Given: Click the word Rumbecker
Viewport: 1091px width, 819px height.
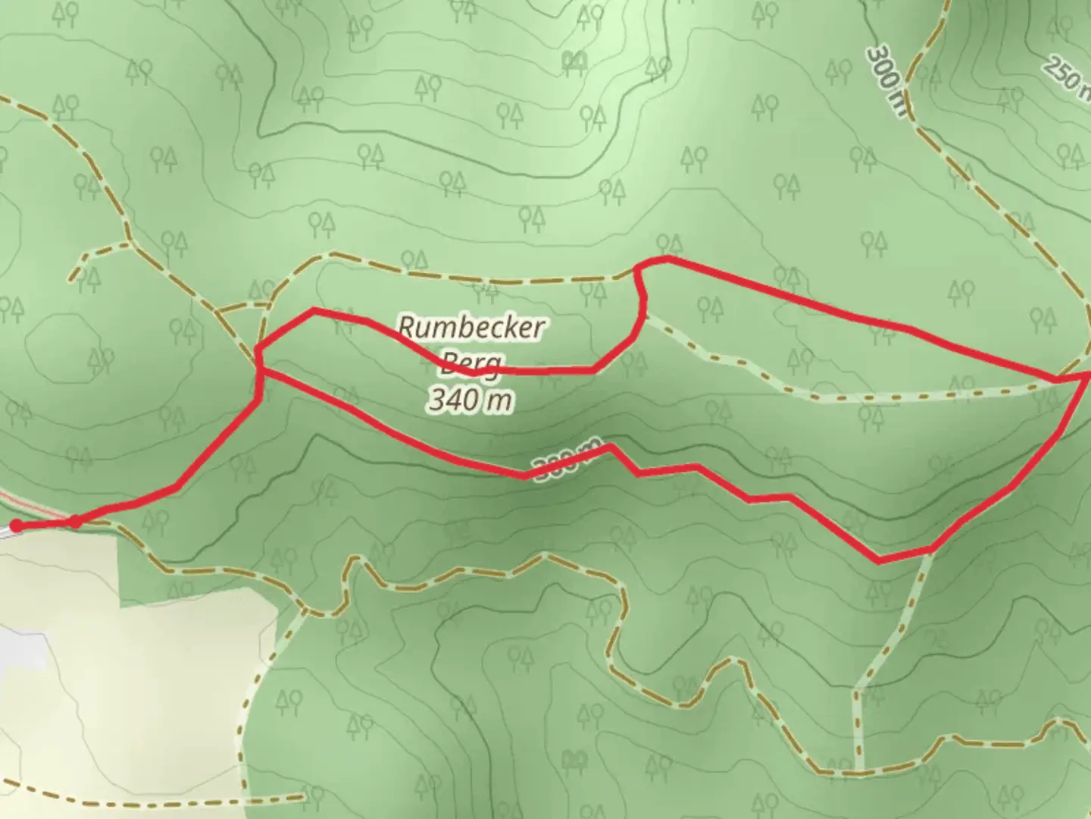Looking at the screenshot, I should (471, 328).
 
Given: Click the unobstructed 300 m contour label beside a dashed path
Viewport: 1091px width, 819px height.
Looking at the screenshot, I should (886, 80).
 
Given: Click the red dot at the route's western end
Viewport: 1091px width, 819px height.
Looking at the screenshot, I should (16, 526).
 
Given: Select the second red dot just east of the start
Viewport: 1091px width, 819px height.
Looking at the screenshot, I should (76, 522).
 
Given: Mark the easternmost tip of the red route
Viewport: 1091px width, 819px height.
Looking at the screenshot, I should (1088, 374).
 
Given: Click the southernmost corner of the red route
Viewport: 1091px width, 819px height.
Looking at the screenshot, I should (879, 561).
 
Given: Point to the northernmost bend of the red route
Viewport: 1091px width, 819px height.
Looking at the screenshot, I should (667, 259).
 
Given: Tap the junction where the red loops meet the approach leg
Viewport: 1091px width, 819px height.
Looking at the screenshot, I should (259, 370).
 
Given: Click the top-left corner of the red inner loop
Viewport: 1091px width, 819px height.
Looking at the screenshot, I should (314, 310).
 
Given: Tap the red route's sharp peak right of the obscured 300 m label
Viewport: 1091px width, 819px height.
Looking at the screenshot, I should (610, 447).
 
